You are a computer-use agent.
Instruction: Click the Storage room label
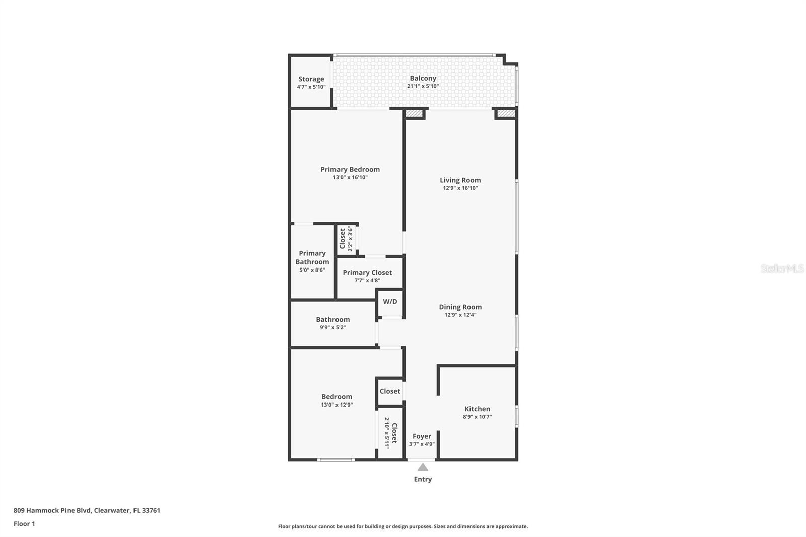pyautogui.click(x=311, y=79)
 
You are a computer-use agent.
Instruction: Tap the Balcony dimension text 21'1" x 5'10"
pyautogui.click(x=423, y=86)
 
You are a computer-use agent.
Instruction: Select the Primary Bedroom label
pyautogui.click(x=350, y=170)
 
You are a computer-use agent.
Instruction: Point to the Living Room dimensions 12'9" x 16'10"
pyautogui.click(x=460, y=188)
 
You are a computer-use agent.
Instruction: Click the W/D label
pyautogui.click(x=390, y=302)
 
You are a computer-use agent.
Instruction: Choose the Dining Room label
pyautogui.click(x=460, y=307)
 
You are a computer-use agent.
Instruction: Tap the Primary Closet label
pyautogui.click(x=367, y=273)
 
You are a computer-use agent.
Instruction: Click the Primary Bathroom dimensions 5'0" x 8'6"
pyautogui.click(x=312, y=270)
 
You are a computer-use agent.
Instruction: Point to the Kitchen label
pyautogui.click(x=477, y=409)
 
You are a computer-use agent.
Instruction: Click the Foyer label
pyautogui.click(x=422, y=436)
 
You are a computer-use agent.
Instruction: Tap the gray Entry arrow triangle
pyautogui.click(x=423, y=467)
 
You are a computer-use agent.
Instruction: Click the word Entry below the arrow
pyautogui.click(x=423, y=479)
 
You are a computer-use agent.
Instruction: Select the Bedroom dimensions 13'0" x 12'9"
pyautogui.click(x=337, y=405)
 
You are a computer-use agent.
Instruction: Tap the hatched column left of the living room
pyautogui.click(x=414, y=114)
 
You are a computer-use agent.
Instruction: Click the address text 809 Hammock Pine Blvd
pyautogui.click(x=52, y=510)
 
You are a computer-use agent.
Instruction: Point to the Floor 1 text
pyautogui.click(x=24, y=524)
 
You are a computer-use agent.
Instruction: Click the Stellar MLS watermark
pyautogui.click(x=782, y=268)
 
